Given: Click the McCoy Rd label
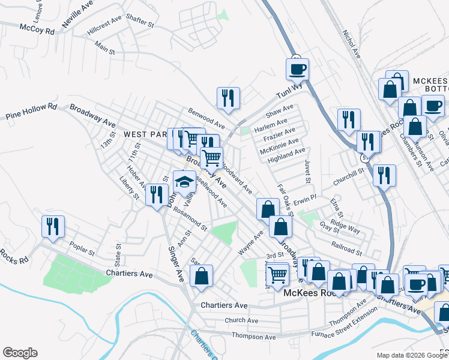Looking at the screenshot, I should tap(37, 28).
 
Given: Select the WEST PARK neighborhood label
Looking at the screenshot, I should tap(143, 134).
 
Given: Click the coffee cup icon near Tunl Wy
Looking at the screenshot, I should tap(297, 70).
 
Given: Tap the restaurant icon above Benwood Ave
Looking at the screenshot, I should tap(228, 98).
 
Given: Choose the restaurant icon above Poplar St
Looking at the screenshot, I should tap(53, 227).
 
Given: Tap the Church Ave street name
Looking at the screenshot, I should tap(241, 321).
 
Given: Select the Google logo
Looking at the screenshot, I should tap(20, 353).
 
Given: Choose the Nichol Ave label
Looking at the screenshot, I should tap(351, 44).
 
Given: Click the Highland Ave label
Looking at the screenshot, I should tap(287, 154).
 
